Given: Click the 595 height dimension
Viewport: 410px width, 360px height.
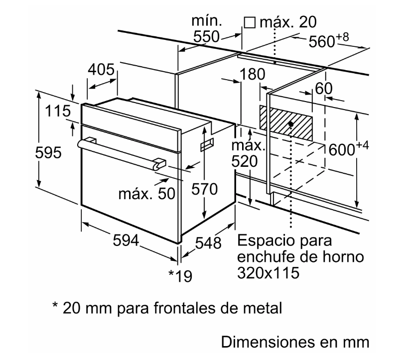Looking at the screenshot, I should [x=48, y=153].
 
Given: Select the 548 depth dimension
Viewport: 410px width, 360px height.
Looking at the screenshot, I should [x=208, y=243].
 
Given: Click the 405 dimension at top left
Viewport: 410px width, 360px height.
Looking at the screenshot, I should [x=102, y=70].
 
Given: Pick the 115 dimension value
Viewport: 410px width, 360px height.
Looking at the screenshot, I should [x=58, y=112].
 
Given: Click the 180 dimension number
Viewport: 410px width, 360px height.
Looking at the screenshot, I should [x=252, y=75].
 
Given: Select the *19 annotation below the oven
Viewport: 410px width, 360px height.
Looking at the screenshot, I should [x=179, y=275].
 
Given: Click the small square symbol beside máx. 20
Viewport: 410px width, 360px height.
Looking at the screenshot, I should [x=250, y=23].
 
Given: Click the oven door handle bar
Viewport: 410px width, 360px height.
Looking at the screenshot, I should [x=120, y=151].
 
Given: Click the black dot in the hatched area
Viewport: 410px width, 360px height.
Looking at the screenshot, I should [x=290, y=124].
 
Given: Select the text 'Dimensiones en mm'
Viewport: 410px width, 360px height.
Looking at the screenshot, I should [x=295, y=342].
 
